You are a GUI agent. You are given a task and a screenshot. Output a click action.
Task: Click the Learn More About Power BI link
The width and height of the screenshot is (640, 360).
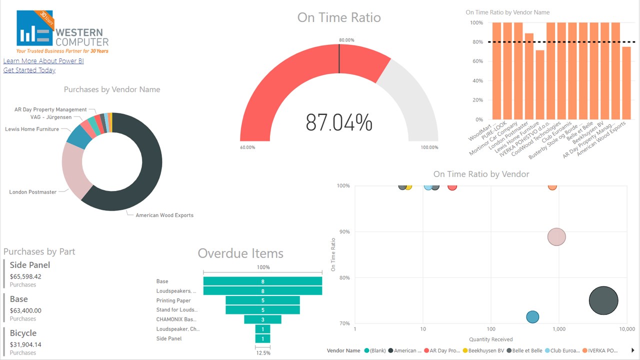(x=43, y=61)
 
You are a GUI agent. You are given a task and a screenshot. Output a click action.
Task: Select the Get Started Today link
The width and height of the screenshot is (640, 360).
(x=29, y=70)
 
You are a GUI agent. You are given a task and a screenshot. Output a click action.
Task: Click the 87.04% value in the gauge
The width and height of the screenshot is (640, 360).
(x=339, y=122)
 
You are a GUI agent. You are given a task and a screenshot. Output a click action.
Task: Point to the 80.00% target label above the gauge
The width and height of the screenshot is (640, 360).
(x=346, y=40)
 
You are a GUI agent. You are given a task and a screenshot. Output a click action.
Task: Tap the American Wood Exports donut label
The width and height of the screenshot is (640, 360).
(x=164, y=215)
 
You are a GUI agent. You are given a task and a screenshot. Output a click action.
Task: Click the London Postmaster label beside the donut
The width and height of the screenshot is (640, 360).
(x=32, y=192)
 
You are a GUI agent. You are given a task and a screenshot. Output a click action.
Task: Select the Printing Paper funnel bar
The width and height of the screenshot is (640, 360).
(x=262, y=300)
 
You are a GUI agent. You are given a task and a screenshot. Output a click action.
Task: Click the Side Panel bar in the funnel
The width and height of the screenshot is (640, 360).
(x=262, y=338)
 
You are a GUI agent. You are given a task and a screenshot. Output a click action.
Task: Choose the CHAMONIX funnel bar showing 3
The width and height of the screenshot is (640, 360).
(x=262, y=319)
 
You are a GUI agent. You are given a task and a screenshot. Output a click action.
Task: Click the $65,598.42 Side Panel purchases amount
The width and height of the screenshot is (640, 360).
(x=25, y=276)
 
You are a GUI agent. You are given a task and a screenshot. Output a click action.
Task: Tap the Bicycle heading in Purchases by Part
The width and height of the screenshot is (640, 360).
(x=23, y=333)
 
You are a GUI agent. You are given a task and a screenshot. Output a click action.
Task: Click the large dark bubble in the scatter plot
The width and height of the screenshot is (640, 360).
(x=603, y=301)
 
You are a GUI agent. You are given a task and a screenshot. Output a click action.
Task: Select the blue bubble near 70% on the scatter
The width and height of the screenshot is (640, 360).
(x=532, y=317)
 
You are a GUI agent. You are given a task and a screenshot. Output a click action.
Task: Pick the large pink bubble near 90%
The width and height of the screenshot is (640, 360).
(x=556, y=237)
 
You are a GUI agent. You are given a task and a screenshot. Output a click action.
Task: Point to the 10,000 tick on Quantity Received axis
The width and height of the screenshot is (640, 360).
(x=626, y=329)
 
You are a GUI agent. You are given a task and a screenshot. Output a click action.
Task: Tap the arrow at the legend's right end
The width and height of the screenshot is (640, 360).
(x=633, y=350)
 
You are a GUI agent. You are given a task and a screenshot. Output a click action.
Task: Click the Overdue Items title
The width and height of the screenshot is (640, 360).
(x=240, y=253)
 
